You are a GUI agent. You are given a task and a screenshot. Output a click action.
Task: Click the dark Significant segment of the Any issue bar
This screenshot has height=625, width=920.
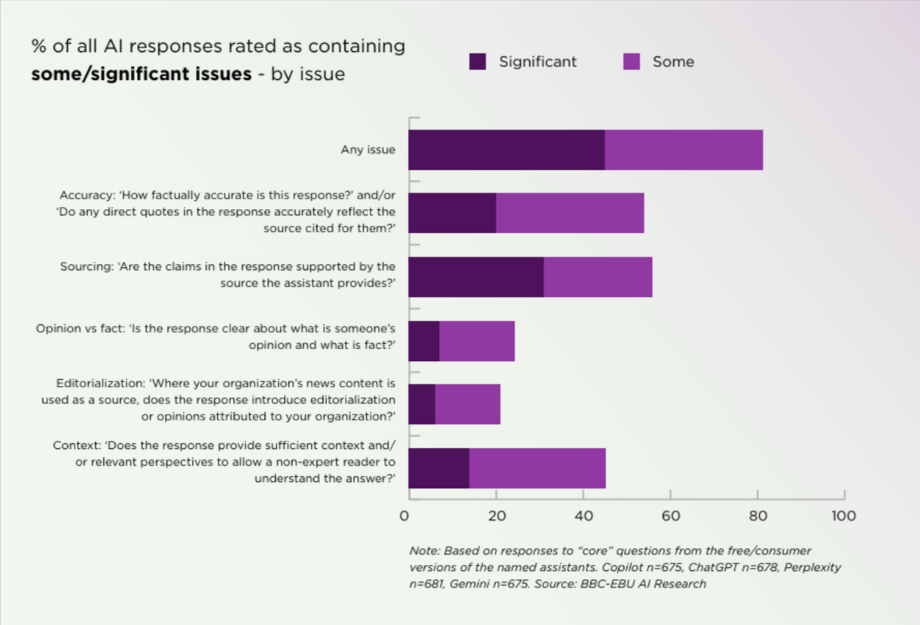(507, 150)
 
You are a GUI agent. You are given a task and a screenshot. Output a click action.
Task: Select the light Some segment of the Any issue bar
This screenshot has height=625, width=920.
(684, 150)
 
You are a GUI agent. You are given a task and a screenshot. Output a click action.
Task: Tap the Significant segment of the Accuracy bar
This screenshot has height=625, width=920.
(452, 213)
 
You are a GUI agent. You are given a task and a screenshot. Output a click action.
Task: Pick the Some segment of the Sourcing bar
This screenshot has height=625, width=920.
(598, 277)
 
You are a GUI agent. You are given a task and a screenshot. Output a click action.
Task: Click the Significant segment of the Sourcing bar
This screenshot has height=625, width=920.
(476, 277)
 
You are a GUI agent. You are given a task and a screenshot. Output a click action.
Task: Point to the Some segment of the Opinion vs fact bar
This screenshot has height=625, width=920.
(477, 341)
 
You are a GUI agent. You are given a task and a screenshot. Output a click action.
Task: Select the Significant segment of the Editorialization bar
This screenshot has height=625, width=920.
(422, 405)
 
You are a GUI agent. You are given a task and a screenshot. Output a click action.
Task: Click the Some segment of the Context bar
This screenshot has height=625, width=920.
(538, 468)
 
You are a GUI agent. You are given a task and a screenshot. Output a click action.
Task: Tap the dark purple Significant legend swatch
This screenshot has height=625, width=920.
(478, 62)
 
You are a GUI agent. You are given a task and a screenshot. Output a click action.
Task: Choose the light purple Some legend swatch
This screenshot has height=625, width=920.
(632, 62)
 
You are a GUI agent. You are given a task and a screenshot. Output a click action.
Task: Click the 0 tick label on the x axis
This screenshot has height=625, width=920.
(405, 516)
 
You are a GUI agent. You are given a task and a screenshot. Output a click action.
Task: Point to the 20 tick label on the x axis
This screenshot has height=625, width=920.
(496, 516)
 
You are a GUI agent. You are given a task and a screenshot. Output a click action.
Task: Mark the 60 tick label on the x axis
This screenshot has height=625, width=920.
(670, 516)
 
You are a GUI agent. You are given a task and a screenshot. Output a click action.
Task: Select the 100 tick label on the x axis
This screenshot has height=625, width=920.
(843, 516)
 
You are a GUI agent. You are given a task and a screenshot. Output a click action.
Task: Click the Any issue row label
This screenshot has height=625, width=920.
(367, 150)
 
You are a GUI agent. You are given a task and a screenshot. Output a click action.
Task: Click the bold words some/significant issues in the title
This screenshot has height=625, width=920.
(141, 74)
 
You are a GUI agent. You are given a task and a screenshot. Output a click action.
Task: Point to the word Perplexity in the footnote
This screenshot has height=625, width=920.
(813, 567)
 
